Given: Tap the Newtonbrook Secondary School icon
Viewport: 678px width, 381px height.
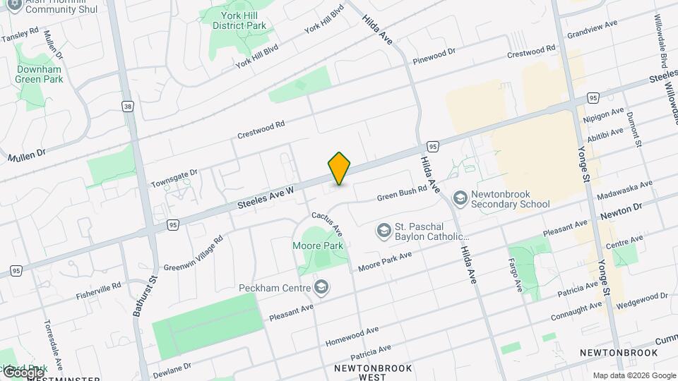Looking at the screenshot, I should [460, 198].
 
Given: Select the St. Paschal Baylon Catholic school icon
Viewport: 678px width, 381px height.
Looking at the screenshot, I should [383, 231].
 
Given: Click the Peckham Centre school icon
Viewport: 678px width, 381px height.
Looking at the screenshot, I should [321, 288].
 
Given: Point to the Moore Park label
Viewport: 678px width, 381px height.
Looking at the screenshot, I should [317, 246].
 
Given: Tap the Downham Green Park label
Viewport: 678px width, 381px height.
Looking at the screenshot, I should [39, 74].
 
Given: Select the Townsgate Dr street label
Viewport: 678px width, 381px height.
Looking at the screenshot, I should [174, 179].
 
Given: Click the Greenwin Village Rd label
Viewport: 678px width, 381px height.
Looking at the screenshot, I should [194, 253].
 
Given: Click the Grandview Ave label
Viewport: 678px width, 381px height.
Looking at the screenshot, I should [592, 28].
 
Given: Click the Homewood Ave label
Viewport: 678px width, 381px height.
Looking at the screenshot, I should [352, 336].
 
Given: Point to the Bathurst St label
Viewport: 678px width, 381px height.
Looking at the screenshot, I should [138, 297].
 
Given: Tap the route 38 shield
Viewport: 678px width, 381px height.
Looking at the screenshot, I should [127, 107].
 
